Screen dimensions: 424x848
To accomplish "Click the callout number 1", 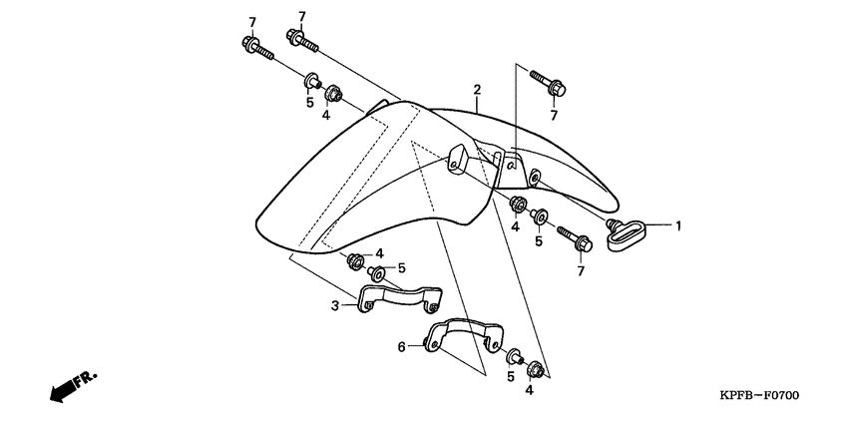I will click(677, 225).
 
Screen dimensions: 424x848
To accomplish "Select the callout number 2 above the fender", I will click(478, 90).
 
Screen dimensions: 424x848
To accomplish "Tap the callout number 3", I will click(336, 307).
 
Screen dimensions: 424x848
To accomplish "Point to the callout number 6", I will click(402, 346).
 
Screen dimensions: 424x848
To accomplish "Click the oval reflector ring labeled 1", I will click(627, 235).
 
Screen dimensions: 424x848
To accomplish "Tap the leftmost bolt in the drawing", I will click(256, 48).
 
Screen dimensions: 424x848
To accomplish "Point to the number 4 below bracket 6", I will click(530, 391).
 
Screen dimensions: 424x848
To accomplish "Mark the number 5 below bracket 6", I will click(510, 377).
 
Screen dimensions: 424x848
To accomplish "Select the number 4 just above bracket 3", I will click(379, 253).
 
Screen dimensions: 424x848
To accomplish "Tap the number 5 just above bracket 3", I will click(401, 267).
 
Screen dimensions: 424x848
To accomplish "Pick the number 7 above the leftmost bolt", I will click(252, 22).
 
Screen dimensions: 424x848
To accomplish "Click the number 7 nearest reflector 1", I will click(580, 271).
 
